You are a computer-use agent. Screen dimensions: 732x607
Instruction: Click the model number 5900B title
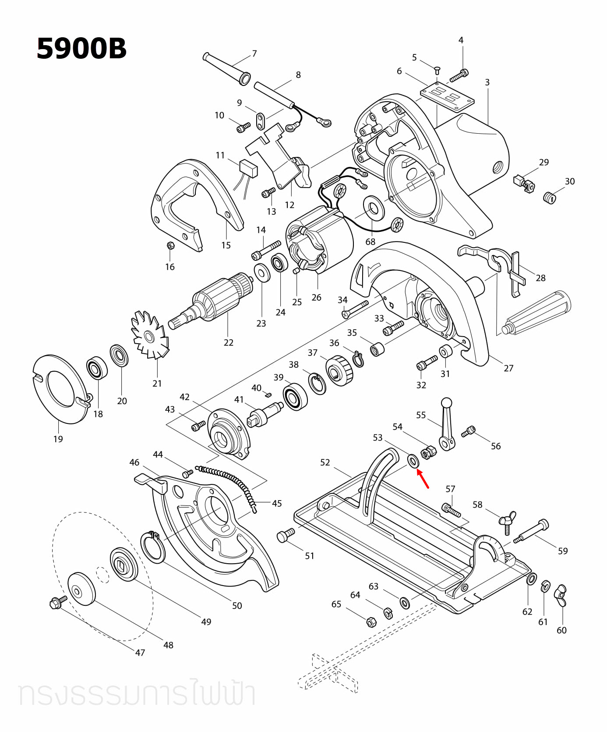point(81,48)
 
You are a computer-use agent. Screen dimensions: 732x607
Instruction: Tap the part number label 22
point(229,342)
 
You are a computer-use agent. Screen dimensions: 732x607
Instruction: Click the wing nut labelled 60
point(561,595)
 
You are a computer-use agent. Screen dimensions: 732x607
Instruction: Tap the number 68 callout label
point(371,242)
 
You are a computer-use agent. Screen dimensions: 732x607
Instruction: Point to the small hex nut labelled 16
point(171,246)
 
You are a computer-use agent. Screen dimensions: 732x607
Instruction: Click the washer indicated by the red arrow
point(413,461)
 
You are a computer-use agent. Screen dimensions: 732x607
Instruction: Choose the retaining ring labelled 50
point(152,546)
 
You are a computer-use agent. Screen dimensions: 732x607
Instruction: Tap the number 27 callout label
point(508,368)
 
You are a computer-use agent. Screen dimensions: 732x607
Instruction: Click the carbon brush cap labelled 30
point(549,198)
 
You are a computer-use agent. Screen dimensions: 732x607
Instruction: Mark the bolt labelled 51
point(286,535)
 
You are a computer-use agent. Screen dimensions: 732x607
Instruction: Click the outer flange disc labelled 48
point(81,589)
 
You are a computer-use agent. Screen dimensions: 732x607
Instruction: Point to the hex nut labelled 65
point(370,621)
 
